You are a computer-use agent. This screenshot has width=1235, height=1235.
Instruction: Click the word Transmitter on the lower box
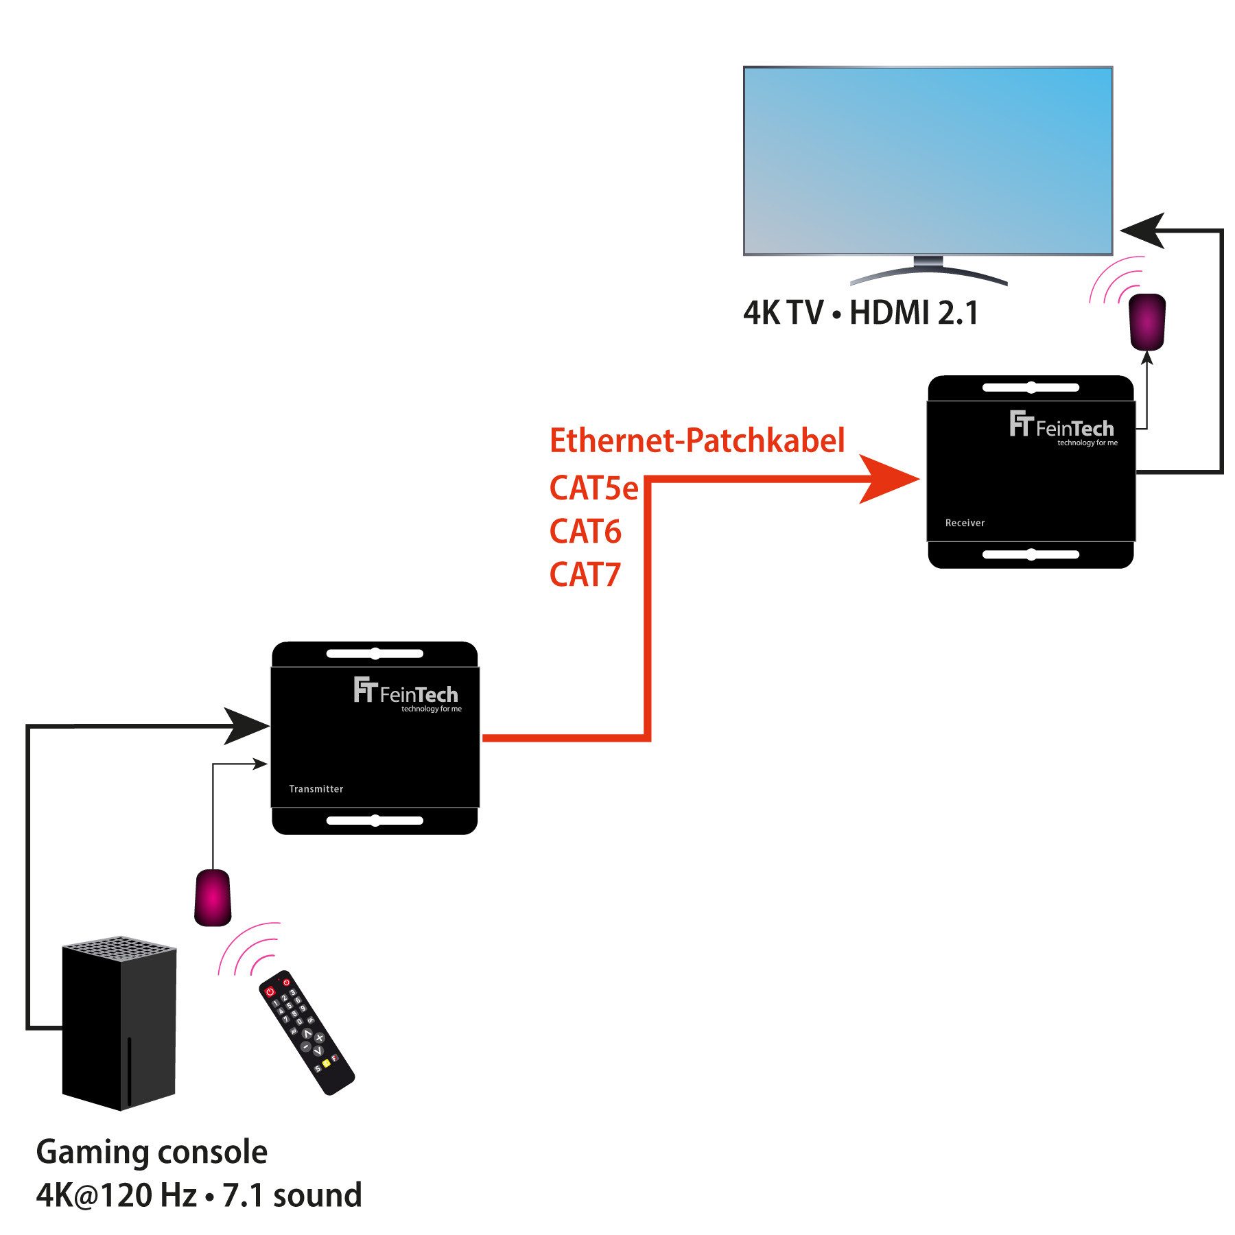point(316,789)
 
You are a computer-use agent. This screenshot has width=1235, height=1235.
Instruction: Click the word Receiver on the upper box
point(964,523)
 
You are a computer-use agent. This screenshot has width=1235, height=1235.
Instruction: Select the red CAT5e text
point(593,489)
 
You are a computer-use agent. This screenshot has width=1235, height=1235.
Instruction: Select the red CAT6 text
point(585,532)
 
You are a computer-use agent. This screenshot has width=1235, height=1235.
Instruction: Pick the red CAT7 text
point(585,575)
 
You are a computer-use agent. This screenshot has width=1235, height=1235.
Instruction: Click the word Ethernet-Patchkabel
point(696,440)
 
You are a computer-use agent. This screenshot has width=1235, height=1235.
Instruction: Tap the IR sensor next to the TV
point(1147,321)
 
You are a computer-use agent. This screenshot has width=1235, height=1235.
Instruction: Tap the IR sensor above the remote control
point(213,897)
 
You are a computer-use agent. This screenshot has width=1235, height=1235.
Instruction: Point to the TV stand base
point(928,274)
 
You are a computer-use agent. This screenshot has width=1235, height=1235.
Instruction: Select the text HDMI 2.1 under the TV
point(913,313)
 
